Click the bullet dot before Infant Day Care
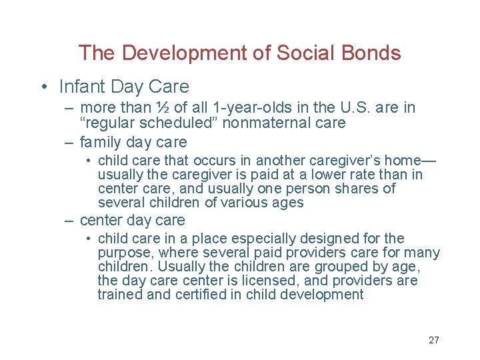pos(43,87)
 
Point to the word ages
pos(289,203)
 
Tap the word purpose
pos(121,253)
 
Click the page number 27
pos(433,340)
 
